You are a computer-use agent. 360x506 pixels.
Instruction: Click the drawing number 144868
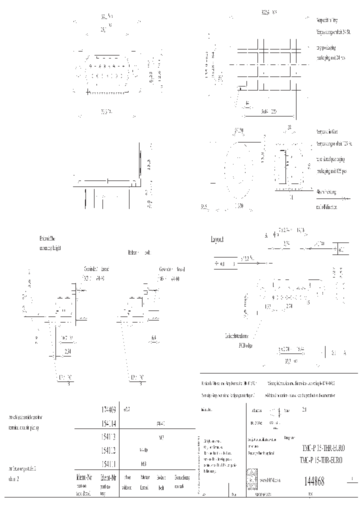click(314, 481)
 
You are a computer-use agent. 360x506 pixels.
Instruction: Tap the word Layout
click(218, 239)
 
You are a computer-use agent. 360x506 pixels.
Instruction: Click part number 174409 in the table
click(108, 409)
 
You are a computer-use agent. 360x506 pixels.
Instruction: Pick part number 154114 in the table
click(108, 423)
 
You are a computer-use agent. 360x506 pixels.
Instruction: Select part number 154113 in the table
click(108, 436)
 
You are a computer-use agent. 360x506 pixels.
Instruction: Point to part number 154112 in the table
click(108, 450)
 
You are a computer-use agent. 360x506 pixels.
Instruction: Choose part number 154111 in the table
click(108, 463)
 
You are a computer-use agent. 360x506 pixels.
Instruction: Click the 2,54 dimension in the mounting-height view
click(67, 352)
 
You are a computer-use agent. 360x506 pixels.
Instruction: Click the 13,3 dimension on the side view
click(148, 163)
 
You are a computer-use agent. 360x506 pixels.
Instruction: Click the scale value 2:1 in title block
click(305, 410)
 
